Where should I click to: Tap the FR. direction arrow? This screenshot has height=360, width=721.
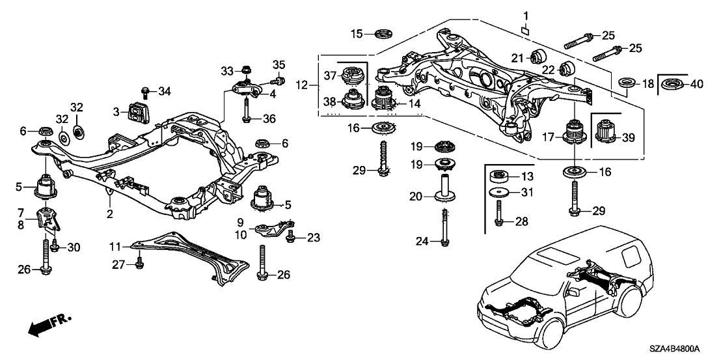[x=49, y=325]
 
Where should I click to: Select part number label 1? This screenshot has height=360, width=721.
[x=526, y=15]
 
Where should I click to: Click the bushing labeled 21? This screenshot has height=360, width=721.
[x=539, y=57]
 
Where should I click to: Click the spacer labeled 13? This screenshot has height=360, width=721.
[x=500, y=176]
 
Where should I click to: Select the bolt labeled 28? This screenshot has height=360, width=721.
[x=500, y=213]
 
